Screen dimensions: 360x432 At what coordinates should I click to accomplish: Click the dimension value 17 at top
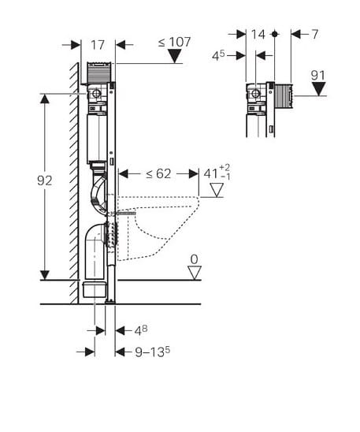98,45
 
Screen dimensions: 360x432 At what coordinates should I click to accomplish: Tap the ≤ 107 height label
175,42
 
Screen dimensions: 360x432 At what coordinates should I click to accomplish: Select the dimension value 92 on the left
45,181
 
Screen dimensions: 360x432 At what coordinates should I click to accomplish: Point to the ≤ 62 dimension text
158,173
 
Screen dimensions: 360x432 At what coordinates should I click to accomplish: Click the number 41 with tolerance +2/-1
217,173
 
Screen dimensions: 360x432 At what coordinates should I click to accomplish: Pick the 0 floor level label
195,259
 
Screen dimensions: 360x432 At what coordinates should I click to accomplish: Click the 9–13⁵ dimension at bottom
153,352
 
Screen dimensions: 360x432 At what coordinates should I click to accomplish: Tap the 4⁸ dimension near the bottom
141,330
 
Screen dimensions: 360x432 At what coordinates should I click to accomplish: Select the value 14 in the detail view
258,35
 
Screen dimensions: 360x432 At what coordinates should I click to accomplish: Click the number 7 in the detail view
314,35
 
